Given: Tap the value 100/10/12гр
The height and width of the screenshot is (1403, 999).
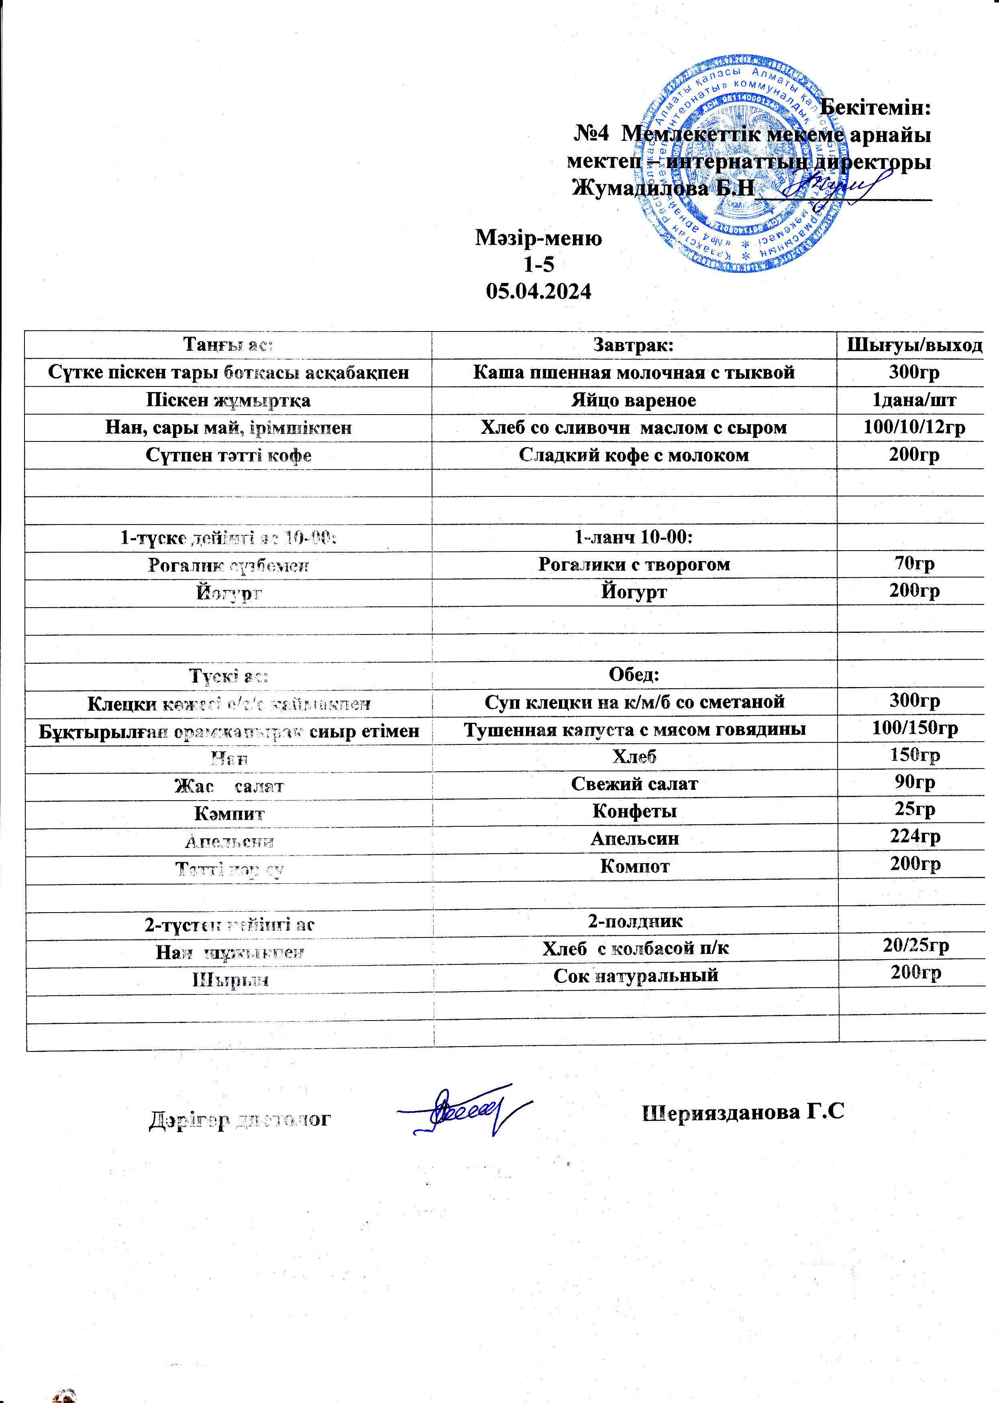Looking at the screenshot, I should pyautogui.click(x=914, y=427).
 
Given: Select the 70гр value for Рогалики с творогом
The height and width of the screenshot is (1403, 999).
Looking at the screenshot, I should pyautogui.click(x=914, y=564).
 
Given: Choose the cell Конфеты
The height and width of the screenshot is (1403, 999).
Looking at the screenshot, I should pyautogui.click(x=634, y=811).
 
